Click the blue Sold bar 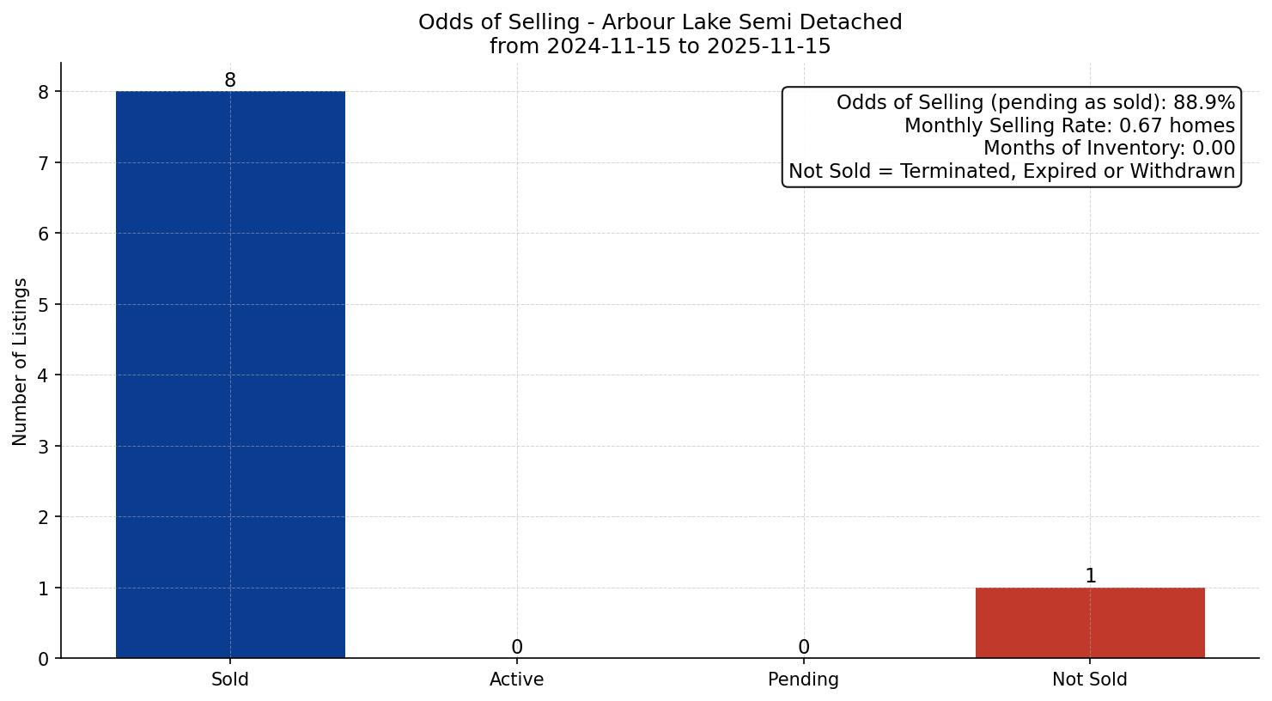tap(230, 375)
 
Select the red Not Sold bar tap(1090, 623)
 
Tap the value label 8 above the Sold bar tap(230, 81)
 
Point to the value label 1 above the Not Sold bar tap(1091, 576)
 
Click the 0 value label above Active tap(517, 648)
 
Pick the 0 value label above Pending tap(804, 648)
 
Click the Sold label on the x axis tap(230, 680)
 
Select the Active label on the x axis tap(517, 680)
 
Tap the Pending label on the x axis tap(804, 680)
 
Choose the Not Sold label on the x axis tap(1090, 680)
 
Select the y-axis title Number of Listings tap(21, 362)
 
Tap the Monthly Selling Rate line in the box tap(1069, 126)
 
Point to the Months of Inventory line tap(1109, 149)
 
